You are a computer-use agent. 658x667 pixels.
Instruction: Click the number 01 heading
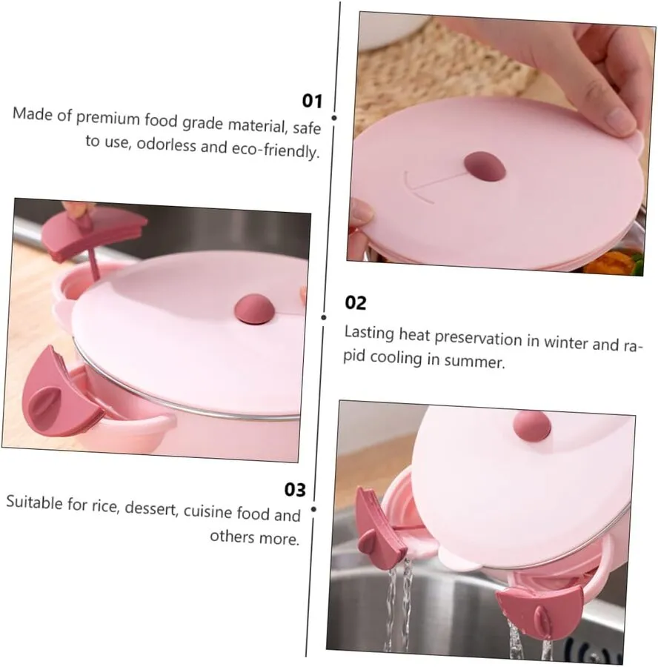coord(312,101)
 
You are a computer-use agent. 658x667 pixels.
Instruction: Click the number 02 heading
coord(355,303)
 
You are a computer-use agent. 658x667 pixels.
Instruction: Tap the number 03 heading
coord(295,490)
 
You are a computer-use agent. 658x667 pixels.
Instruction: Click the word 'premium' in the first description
coord(107,118)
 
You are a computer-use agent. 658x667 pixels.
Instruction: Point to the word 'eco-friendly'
coord(275,150)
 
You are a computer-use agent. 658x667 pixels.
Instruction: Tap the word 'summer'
coord(474,361)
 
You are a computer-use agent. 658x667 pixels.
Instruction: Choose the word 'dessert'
coord(150,508)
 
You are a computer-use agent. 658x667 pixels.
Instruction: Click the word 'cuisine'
coord(207,511)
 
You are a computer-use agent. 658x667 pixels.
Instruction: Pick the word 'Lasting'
coord(369,333)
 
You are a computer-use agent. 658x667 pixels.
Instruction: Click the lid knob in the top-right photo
coord(485,166)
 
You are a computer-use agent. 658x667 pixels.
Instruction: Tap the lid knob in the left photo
coord(254,309)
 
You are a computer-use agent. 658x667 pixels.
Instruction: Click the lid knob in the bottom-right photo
coord(531,426)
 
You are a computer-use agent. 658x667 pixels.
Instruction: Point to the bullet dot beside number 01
coord(334,118)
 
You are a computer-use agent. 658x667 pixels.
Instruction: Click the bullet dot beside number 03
coord(313,509)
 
